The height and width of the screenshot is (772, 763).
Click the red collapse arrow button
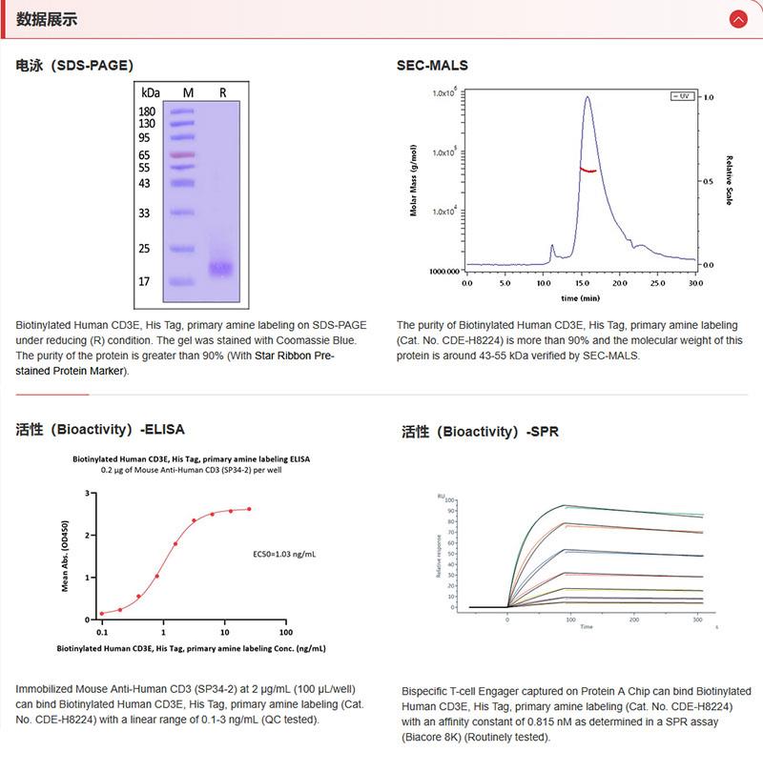coord(737,19)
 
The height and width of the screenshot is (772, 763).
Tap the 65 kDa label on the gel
coord(146,154)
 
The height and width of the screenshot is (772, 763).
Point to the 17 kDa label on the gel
coord(146,282)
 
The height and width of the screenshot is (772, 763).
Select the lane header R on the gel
coord(222,92)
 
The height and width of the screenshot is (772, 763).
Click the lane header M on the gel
coord(188,92)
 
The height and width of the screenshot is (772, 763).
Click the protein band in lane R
coord(221,269)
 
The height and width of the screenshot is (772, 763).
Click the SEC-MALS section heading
coord(432,66)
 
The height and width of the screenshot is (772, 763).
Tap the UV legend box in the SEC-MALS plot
coord(681,96)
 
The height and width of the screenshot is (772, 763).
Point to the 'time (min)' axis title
coord(581,297)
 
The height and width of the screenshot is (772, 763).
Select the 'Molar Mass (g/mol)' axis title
coord(414,180)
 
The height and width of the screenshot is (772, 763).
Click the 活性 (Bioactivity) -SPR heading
coord(480,432)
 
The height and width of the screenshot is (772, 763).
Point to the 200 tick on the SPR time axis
coord(634,619)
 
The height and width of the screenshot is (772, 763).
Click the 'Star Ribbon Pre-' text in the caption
coord(297,356)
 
